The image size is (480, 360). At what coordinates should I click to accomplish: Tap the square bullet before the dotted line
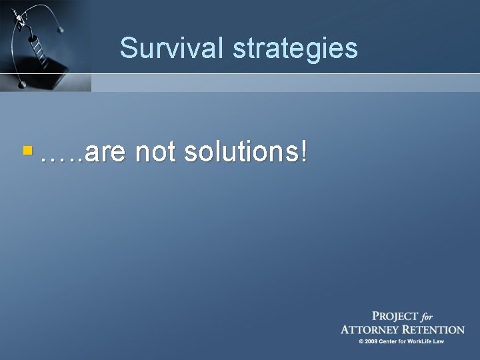(x=27, y=152)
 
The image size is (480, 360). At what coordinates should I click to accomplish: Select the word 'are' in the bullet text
(x=106, y=153)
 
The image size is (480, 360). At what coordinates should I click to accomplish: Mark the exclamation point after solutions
(x=305, y=152)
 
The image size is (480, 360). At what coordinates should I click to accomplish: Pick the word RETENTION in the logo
(x=437, y=329)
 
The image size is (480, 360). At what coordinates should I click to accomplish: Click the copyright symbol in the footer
(x=361, y=342)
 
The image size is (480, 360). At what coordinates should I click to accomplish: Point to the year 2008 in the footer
(x=372, y=342)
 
